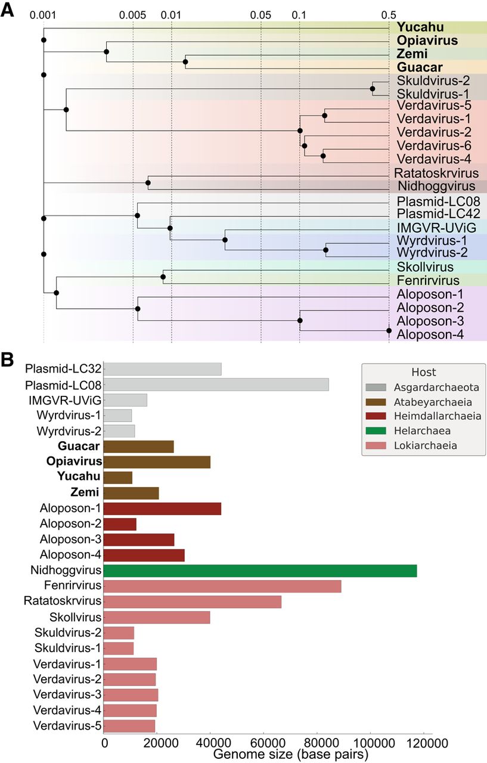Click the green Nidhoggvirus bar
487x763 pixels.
[260, 570]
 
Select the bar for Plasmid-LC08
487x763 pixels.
[216, 384]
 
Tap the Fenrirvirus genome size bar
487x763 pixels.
[222, 586]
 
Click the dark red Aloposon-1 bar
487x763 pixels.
[163, 508]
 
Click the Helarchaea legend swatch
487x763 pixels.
[376, 431]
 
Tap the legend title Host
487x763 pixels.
[424, 373]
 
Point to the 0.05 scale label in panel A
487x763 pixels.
[260, 15]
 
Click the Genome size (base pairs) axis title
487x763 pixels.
[291, 754]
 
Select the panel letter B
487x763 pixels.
[7, 360]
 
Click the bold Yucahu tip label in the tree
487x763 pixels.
[420, 27]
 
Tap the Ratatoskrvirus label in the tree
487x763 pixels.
[436, 173]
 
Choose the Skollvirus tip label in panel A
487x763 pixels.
[425, 267]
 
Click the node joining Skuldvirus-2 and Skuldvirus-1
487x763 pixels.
[373, 89]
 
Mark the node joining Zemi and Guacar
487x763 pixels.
[185, 62]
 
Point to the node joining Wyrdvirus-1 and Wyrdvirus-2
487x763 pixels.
[325, 250]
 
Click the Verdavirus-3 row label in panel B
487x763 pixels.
[67, 694]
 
